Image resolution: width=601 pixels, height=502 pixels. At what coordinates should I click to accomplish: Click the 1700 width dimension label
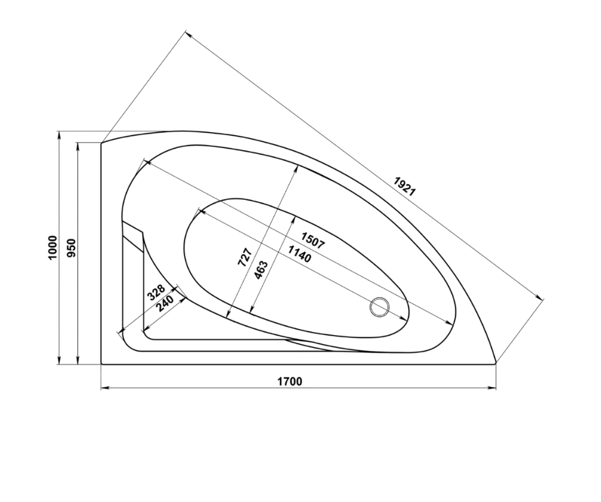289,381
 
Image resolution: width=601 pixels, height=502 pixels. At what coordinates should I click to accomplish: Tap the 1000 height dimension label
52,247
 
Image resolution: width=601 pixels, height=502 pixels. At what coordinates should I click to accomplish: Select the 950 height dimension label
72,248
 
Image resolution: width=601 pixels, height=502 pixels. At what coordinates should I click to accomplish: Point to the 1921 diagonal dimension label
404,186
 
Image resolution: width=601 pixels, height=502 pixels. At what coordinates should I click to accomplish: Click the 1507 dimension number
313,241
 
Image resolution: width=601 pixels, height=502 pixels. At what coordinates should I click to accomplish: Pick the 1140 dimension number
300,254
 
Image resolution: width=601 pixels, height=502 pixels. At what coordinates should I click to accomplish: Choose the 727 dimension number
245,257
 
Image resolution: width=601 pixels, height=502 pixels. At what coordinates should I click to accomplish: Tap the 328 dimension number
156,292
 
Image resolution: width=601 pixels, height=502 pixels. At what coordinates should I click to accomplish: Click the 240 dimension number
166,303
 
